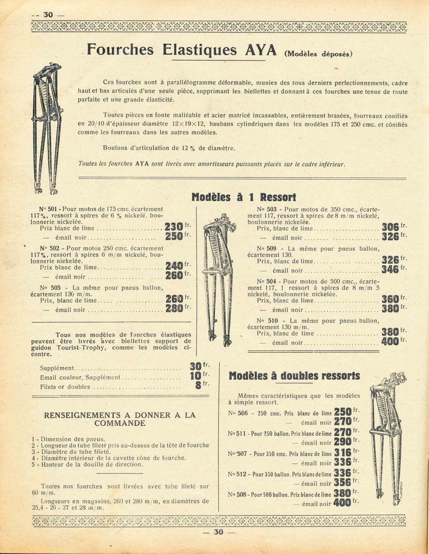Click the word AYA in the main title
point(262,50)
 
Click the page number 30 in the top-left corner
point(48,15)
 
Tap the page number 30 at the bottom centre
point(218,532)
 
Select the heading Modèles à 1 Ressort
point(243,197)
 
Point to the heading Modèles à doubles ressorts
point(294,375)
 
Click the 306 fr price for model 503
point(391,227)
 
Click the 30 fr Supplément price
point(195,367)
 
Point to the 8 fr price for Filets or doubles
point(199,386)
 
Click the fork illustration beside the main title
point(46,128)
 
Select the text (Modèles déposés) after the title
point(318,54)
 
